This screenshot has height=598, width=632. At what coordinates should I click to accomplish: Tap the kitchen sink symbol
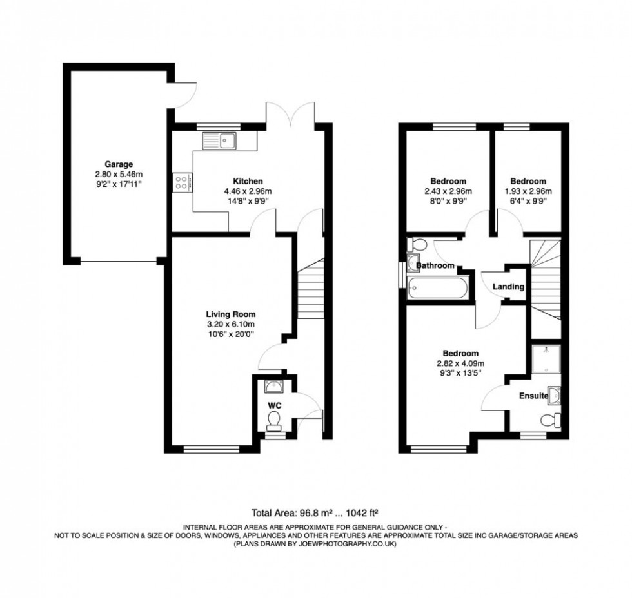pos(219,139)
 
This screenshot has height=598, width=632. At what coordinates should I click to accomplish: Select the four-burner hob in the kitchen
pos(183,182)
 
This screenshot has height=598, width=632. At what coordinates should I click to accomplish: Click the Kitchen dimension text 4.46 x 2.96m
pos(248,191)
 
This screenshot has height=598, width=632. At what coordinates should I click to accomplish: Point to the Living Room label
pos(231,314)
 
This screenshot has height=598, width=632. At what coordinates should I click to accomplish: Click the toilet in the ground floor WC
pos(273,421)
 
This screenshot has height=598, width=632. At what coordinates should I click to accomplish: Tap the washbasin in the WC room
pos(273,387)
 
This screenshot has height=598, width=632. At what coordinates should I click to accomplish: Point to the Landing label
pos(508,287)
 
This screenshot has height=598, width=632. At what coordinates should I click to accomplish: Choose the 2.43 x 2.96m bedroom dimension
pos(448,191)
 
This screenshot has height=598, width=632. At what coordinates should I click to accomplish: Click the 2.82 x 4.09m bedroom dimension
pos(460,363)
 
